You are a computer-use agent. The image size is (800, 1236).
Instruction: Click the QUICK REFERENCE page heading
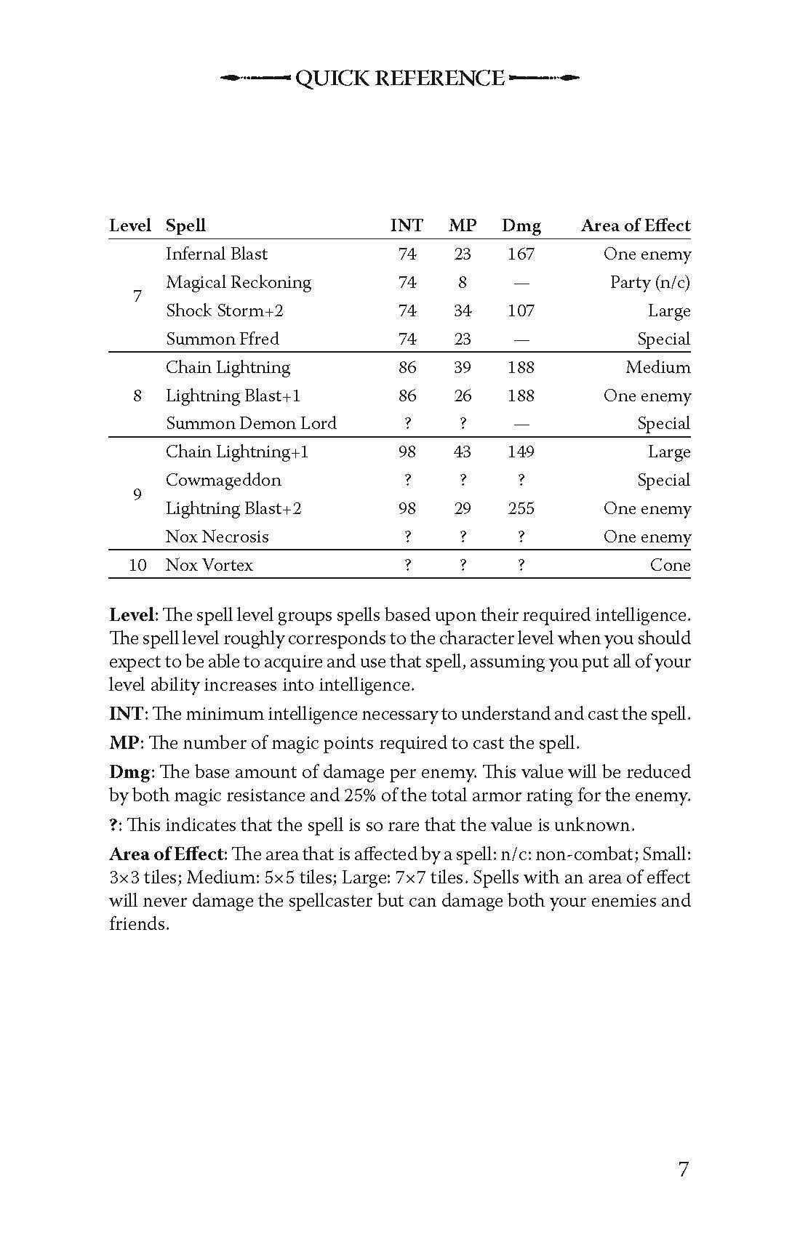pos(400,79)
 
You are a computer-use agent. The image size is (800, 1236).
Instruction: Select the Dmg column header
pos(521,226)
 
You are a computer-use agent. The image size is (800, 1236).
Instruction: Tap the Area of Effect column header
pos(635,226)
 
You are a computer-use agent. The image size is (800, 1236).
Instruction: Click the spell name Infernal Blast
pos(216,254)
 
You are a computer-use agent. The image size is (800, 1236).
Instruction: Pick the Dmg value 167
pos(521,254)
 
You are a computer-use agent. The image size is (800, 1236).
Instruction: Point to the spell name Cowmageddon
pos(223,481)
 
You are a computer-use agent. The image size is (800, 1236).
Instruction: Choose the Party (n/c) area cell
pos(649,283)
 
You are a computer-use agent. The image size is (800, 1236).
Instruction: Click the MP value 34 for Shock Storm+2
pos(463,311)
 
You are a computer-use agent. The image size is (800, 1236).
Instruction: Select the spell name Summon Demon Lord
pos(251,424)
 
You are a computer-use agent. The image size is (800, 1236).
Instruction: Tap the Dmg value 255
pos(521,509)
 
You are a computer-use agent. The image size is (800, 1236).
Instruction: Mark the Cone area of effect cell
pos(670,566)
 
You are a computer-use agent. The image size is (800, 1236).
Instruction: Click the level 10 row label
pos(137,566)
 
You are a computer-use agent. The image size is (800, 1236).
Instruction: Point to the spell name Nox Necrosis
pos(217,537)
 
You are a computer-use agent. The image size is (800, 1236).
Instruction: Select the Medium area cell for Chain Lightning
pos(657,368)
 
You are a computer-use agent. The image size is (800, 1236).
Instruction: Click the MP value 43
pos(463,452)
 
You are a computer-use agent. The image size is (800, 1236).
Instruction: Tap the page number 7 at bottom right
pos(683,1170)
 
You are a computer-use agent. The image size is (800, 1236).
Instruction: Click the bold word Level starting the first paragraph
pos(131,615)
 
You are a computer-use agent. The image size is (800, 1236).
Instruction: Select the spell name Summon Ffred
pos(222,340)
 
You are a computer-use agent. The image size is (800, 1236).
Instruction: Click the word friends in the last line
pos(137,924)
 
